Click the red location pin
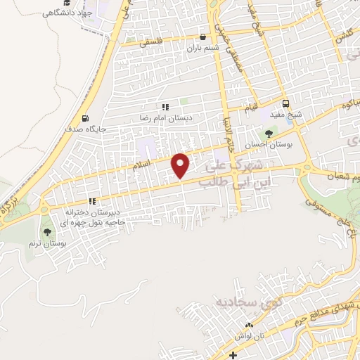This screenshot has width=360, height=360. coord(181,165)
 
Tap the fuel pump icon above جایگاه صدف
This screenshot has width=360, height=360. coord(86,118)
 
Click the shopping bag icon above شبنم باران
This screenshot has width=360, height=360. coord(203,37)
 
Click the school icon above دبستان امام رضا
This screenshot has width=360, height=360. coord(165,107)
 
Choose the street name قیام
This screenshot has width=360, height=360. coord(252,109)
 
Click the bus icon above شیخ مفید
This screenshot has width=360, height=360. coord(285,102)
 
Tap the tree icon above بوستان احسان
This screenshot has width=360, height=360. coord(268,133)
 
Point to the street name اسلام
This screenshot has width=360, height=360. coord(143,166)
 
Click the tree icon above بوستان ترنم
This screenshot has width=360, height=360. coord(48,231)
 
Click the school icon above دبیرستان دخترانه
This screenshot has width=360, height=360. coord(91,201)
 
